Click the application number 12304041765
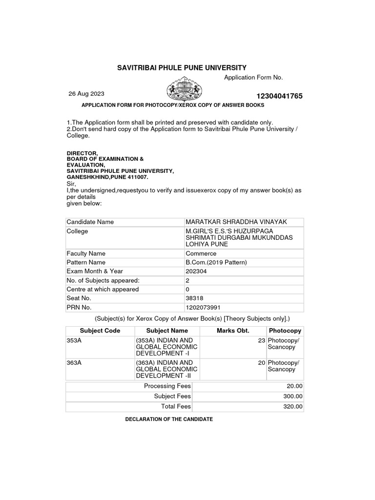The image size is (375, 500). click(x=279, y=96)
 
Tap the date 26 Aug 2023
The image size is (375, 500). click(x=86, y=94)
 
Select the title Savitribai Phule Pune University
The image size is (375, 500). click(x=182, y=68)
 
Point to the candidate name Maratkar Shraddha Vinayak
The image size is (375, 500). click(x=236, y=222)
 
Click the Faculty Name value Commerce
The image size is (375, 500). click(x=201, y=253)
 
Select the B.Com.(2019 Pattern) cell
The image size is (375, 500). click(x=216, y=262)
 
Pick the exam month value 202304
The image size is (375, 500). click(x=196, y=271)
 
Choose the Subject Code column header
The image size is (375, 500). click(x=100, y=331)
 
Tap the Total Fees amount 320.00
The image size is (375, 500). click(x=292, y=406)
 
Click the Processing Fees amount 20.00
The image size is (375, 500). click(x=294, y=386)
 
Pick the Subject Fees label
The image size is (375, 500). click(x=172, y=396)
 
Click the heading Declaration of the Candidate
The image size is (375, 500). click(x=169, y=419)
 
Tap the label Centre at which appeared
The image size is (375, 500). click(x=103, y=290)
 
